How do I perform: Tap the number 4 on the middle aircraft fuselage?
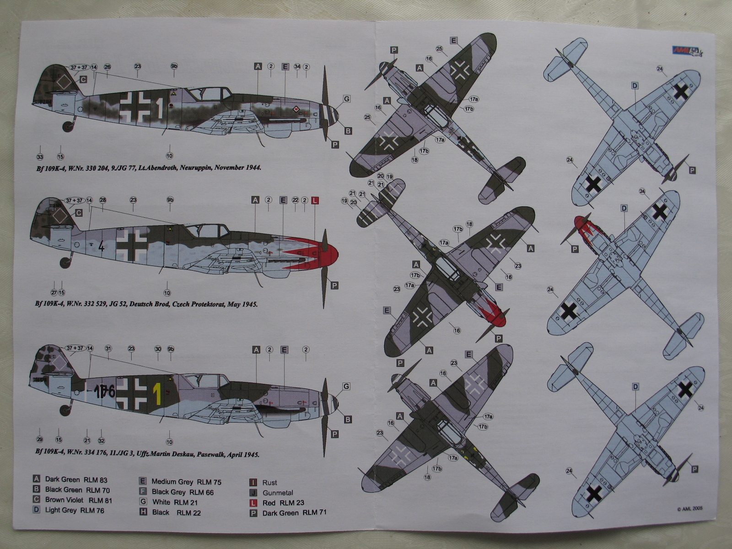point(101,247)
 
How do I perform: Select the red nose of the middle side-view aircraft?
point(327,254)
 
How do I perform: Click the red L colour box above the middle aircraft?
point(315,200)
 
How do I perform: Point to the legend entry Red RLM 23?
point(283,503)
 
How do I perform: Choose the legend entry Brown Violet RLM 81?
point(78,500)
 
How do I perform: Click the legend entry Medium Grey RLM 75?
point(186,482)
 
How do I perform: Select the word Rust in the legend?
point(269,483)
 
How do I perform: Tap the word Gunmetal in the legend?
point(278,493)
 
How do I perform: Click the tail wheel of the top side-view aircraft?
point(68,124)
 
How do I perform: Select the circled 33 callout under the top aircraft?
point(39,157)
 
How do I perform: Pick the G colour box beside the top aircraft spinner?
point(347,99)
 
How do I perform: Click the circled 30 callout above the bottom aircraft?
point(158,349)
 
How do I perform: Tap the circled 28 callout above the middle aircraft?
point(102,200)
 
